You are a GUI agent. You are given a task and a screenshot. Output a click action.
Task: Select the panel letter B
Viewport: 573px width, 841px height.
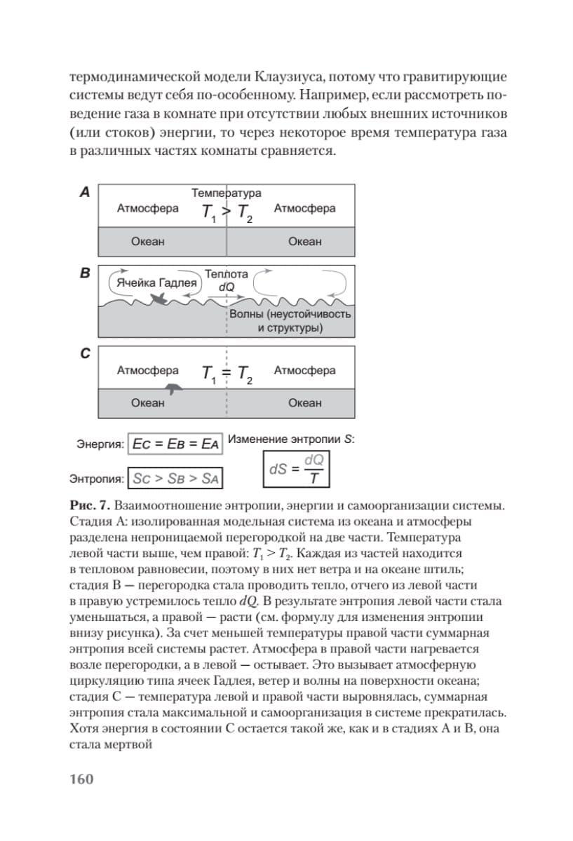84,273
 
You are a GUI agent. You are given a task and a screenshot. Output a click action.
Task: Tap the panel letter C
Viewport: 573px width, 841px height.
84,354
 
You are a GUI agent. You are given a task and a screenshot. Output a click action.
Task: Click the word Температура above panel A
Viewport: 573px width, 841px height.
227,193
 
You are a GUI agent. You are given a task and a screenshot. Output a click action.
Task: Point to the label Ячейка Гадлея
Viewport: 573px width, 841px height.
156,283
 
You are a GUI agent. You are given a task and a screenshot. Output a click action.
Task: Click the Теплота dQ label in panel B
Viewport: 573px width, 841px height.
227,280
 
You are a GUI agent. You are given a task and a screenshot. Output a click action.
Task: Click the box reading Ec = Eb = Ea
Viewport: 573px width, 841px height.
176,444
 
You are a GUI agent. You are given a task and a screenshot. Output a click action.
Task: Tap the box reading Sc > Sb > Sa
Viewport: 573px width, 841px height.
176,479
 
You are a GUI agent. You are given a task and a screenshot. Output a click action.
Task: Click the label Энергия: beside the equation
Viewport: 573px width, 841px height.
100,444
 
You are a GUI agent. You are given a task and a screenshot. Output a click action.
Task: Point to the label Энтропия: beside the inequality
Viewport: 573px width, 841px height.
97,480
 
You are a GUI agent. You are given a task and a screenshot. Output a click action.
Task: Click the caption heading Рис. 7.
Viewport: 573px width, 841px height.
89,505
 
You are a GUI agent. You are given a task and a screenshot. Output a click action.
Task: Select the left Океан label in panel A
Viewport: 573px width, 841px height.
147,242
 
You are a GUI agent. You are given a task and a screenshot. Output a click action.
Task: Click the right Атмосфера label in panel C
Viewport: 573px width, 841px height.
304,371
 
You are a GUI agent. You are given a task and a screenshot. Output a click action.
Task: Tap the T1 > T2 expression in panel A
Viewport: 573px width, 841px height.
227,212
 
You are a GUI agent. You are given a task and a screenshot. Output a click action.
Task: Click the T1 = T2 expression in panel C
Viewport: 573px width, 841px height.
227,375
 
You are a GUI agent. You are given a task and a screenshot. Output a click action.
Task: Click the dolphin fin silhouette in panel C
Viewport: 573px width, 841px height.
172,388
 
